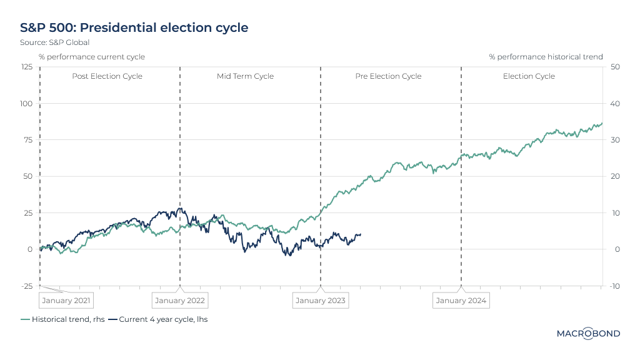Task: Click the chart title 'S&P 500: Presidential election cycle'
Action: [134, 27]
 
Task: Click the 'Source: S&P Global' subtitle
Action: [55, 42]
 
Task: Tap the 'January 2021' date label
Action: [66, 301]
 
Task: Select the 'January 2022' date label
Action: [180, 301]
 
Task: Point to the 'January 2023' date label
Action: [321, 301]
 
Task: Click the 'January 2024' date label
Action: [461, 301]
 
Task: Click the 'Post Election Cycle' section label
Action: [107, 76]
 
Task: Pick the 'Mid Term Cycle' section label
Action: [245, 76]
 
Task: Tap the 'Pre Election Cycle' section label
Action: [388, 76]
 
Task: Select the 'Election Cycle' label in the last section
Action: [529, 76]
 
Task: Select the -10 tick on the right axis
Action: [614, 286]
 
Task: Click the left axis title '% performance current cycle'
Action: [92, 57]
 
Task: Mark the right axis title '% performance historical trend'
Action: [546, 57]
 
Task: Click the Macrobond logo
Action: [588, 334]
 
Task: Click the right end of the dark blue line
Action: [361, 234]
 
